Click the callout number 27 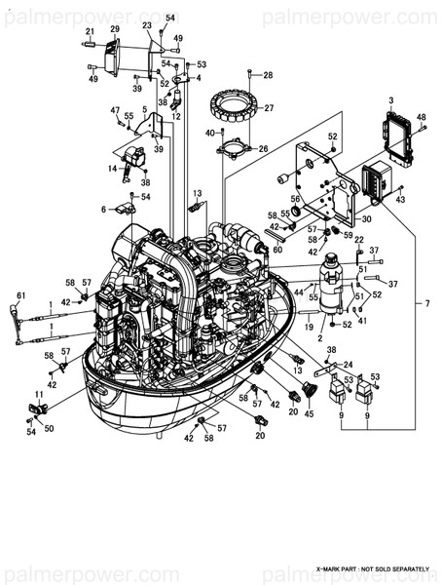[x=270, y=108]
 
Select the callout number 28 [x=268, y=74]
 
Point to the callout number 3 [x=391, y=100]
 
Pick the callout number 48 [x=423, y=118]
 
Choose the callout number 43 [x=400, y=199]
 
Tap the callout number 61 [x=20, y=295]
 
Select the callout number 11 [x=39, y=394]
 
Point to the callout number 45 [x=310, y=413]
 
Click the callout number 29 [x=114, y=29]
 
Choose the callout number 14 [x=113, y=169]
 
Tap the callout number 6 [x=103, y=209]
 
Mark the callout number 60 [x=277, y=249]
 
